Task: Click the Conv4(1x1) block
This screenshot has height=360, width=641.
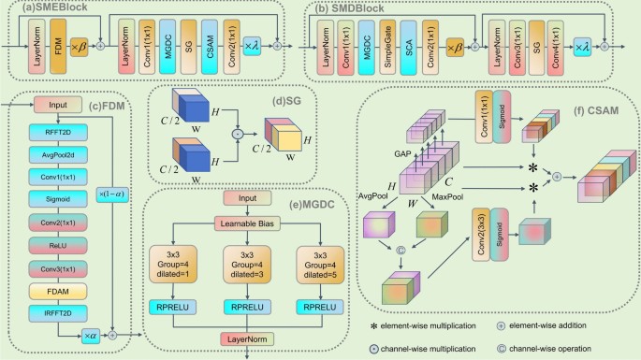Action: coord(557,44)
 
